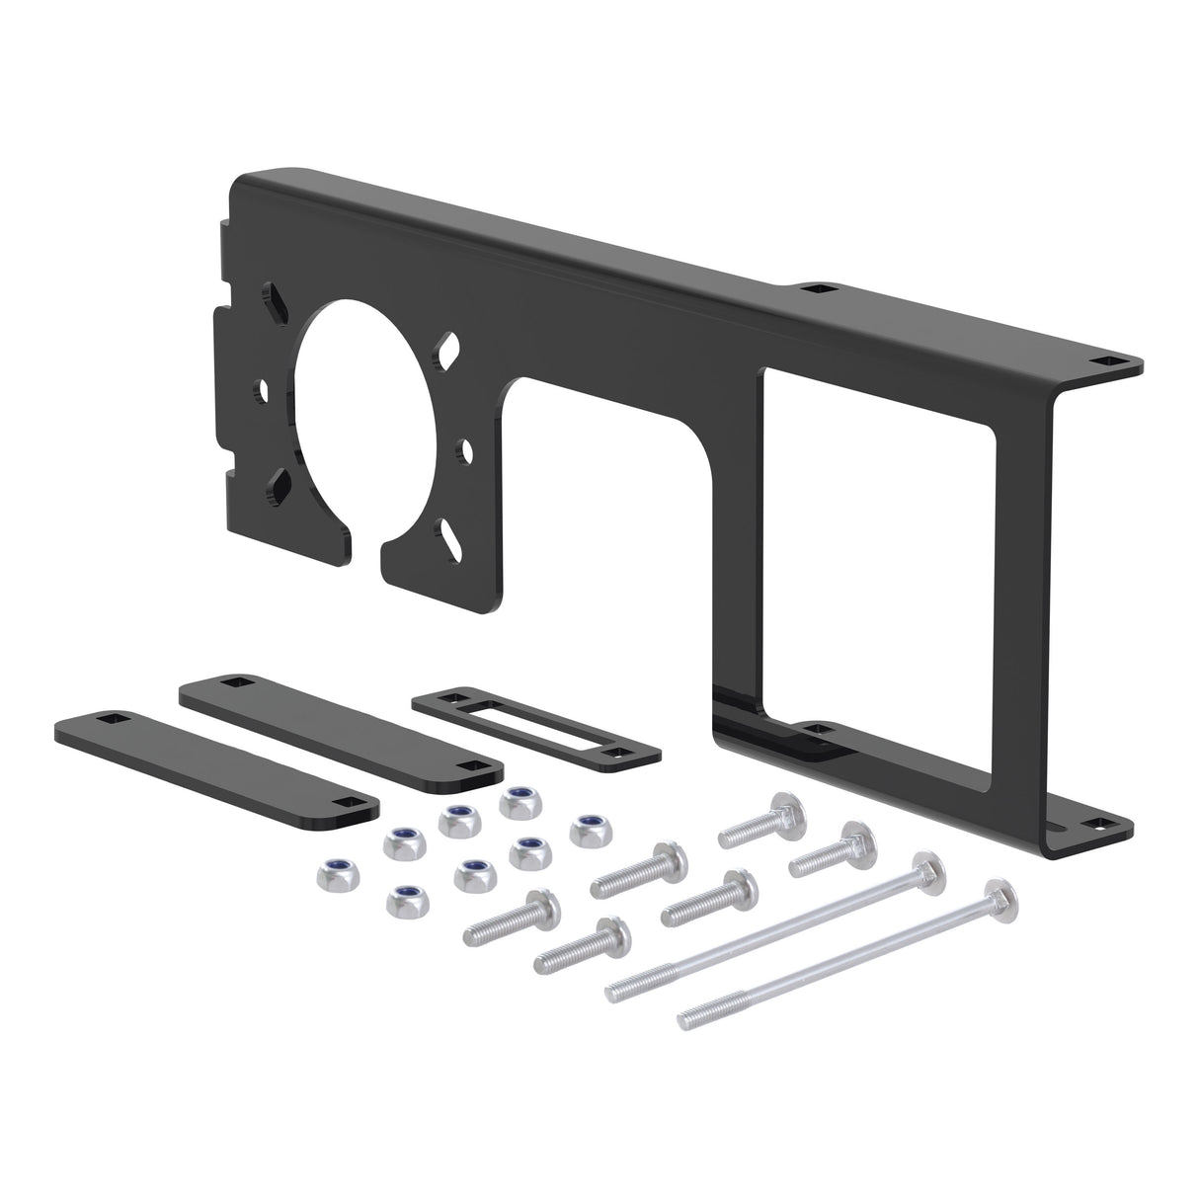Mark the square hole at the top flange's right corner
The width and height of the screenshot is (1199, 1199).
click(x=1113, y=361)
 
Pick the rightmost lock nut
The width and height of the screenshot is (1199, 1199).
click(x=588, y=827)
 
